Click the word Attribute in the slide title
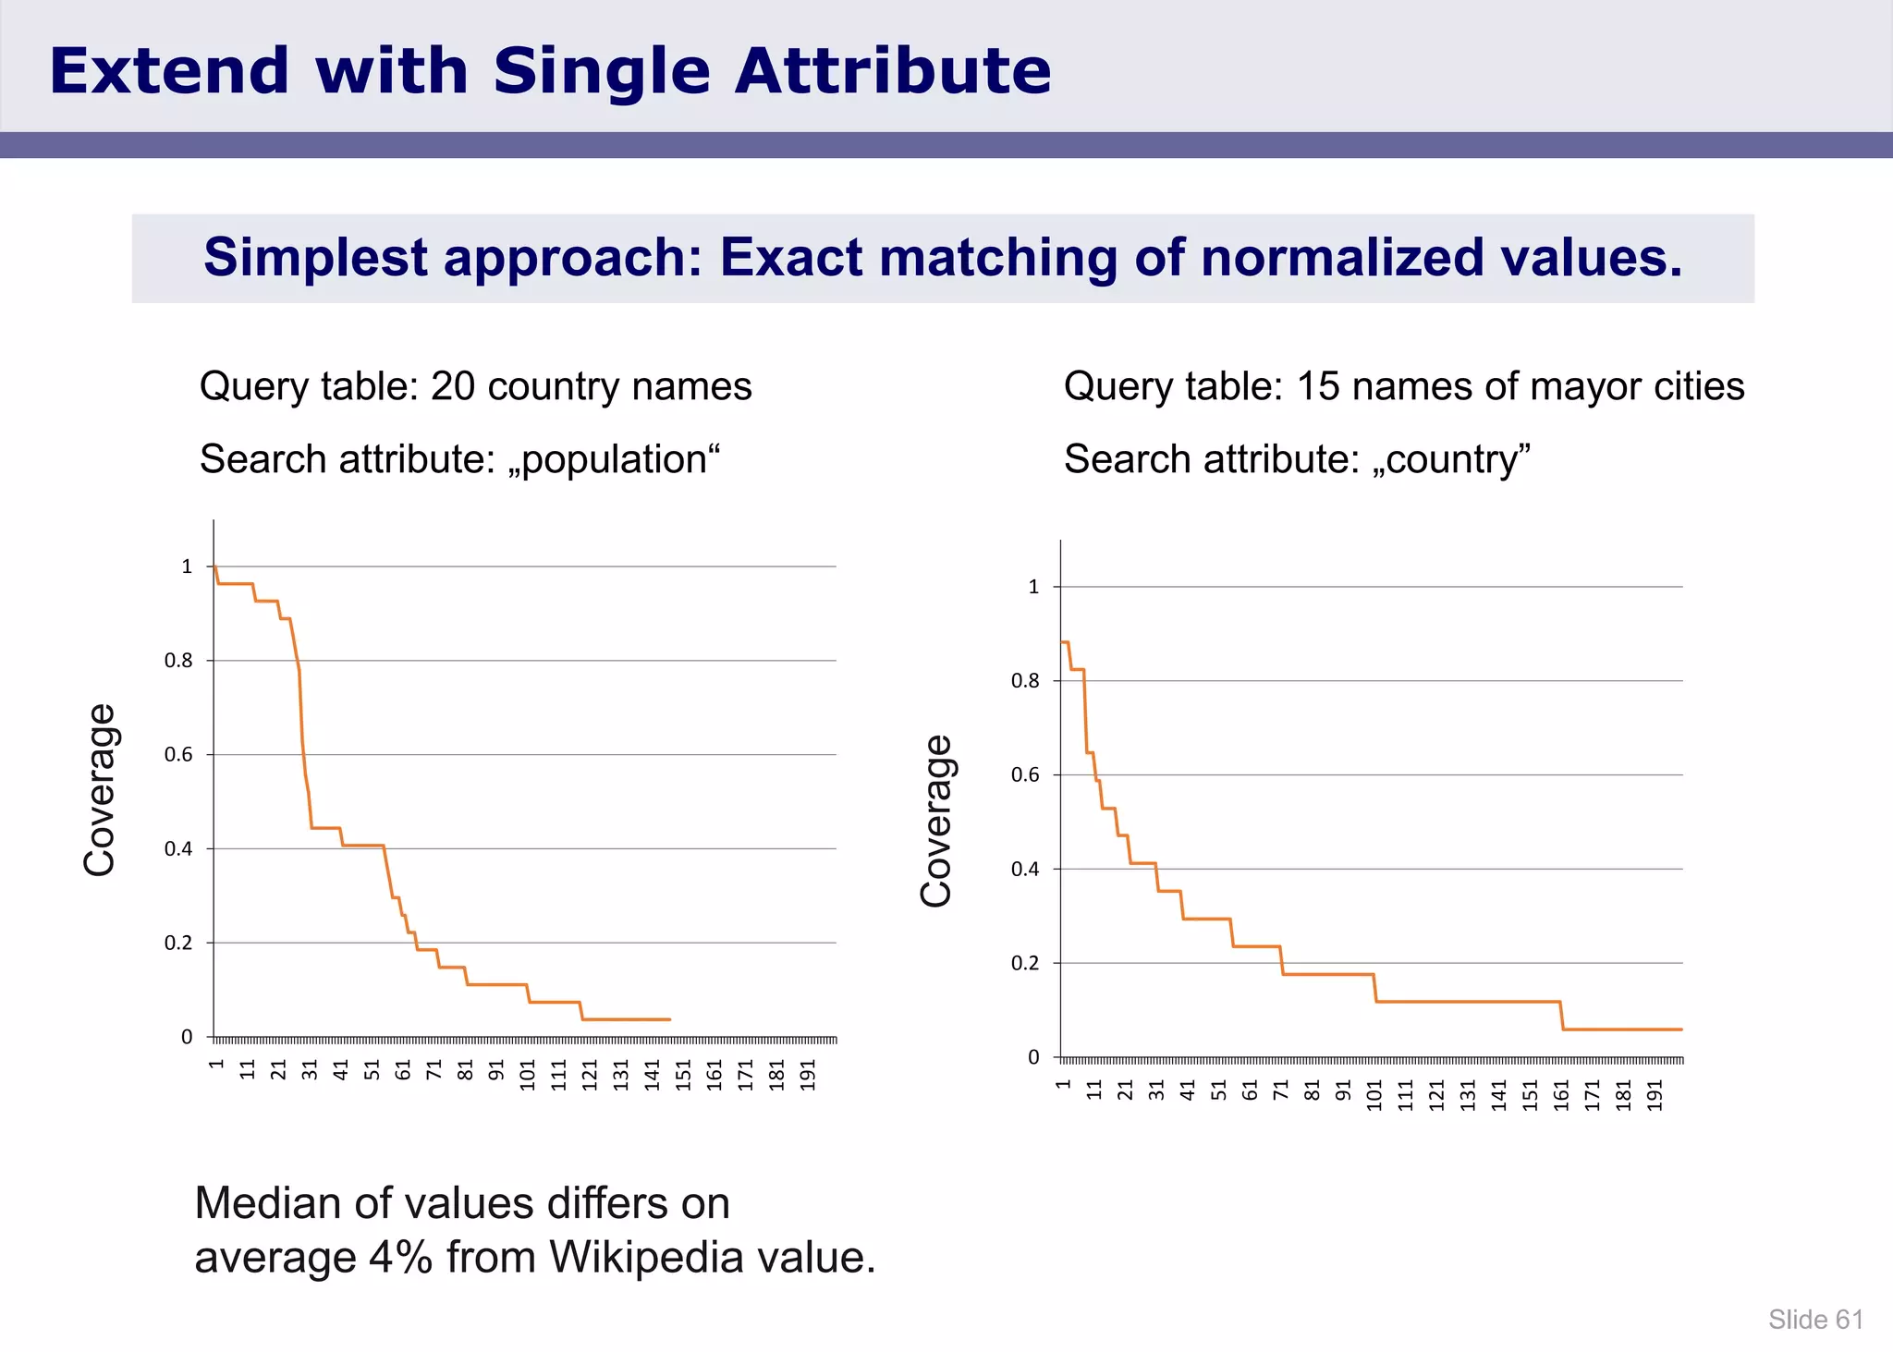click(892, 71)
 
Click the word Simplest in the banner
click(314, 257)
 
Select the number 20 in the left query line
click(453, 386)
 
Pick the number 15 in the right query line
click(1318, 386)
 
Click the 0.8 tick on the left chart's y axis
click(178, 661)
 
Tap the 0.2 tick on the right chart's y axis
click(1025, 963)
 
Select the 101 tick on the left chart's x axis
click(528, 1075)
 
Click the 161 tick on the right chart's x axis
click(1561, 1095)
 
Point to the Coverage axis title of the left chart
click(99, 790)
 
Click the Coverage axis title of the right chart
click(936, 821)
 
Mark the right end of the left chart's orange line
click(669, 1019)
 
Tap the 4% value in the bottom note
click(400, 1257)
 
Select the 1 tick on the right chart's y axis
click(1033, 587)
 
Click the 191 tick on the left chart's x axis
click(808, 1075)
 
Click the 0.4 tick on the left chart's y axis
click(178, 848)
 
